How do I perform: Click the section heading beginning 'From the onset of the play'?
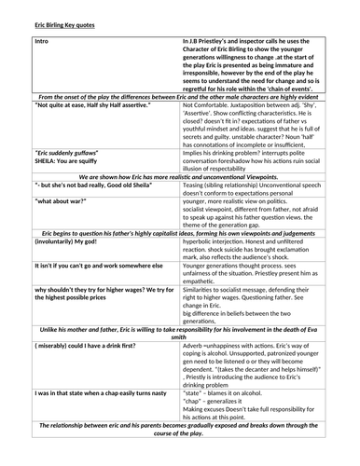point(180,96)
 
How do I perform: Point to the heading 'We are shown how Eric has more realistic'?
point(180,174)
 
